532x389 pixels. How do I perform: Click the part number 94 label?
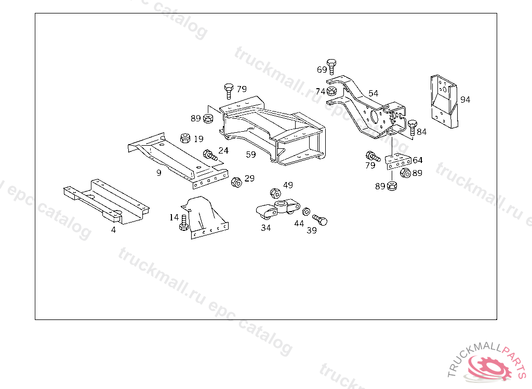click(x=465, y=100)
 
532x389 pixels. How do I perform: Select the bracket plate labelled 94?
click(x=444, y=101)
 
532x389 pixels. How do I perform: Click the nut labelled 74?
click(x=332, y=92)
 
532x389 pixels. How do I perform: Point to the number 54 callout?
click(x=373, y=93)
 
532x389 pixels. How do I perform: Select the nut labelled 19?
click(x=184, y=138)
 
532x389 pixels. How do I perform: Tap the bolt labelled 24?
click(x=210, y=155)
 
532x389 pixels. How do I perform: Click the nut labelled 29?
click(x=235, y=182)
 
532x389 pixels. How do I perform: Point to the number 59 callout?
click(x=251, y=155)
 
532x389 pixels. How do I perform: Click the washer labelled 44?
click(x=307, y=212)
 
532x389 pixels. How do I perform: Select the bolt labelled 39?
click(x=320, y=220)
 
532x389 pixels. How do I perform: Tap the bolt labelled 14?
click(x=183, y=222)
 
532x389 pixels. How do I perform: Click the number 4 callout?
click(x=113, y=230)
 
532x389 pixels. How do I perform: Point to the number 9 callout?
click(x=158, y=173)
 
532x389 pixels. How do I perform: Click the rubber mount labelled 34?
click(x=278, y=210)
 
